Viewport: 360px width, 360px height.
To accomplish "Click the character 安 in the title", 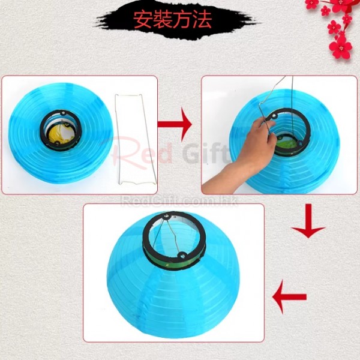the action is coord(143,20).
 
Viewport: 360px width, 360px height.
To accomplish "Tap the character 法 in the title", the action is coord(202,20).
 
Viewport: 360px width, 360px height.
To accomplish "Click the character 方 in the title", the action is coord(182,20).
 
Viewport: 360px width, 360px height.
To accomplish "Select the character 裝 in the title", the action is coord(163,20).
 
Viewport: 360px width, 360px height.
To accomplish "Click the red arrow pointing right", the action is coord(175,124).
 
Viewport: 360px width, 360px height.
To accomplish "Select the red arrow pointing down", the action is coord(308,221).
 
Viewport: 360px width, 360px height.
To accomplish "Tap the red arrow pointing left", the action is coord(289,297).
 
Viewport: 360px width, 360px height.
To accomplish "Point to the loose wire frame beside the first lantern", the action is coord(136,139).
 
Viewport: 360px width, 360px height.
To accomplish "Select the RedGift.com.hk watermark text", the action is coord(179,201).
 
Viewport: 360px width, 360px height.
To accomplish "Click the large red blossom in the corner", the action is coord(341,48).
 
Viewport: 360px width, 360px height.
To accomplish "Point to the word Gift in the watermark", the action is coord(206,152).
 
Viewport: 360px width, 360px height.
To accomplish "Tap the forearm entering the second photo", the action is coord(220,178).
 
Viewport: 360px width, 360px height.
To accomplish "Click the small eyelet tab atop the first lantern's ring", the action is coord(62,113).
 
